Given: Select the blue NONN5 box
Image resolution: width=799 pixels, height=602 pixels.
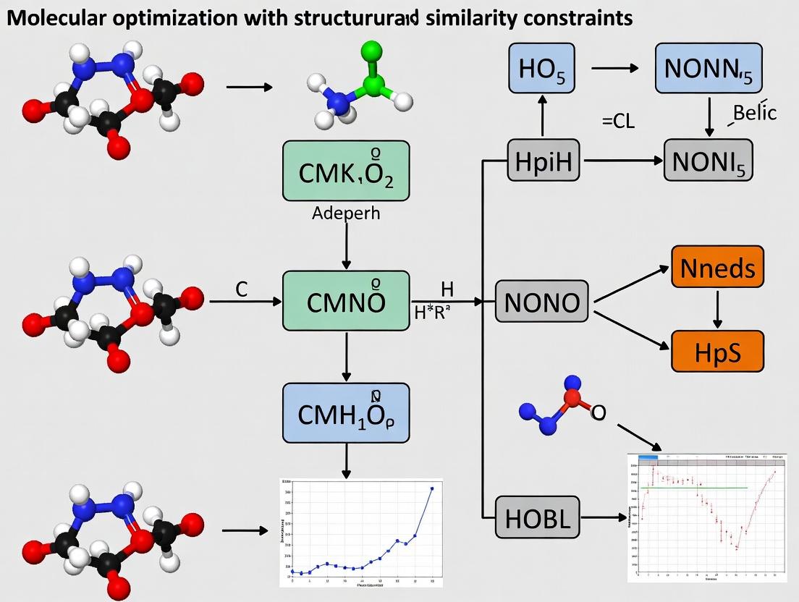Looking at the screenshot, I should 709,68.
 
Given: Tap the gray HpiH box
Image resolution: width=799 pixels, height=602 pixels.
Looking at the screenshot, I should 544,160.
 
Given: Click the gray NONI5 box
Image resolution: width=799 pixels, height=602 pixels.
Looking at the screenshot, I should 709,160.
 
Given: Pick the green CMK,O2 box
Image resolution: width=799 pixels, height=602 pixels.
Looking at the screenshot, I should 346,171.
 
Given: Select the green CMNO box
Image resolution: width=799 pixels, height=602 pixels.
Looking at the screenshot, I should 346,301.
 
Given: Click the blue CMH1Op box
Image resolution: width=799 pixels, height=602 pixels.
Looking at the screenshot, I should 346,413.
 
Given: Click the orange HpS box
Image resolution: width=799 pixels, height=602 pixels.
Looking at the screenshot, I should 717,351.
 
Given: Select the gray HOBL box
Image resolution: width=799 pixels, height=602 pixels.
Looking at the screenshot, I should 538,517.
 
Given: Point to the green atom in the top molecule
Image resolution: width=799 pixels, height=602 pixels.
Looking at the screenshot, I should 371,51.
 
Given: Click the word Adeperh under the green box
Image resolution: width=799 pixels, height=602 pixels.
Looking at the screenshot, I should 345,214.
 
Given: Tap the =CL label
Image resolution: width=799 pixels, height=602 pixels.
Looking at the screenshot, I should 618,122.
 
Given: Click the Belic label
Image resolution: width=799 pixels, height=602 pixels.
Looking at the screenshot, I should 754,113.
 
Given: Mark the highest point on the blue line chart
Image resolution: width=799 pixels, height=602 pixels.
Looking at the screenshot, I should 432,488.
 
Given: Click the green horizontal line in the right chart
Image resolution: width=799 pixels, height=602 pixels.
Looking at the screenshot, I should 695,488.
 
